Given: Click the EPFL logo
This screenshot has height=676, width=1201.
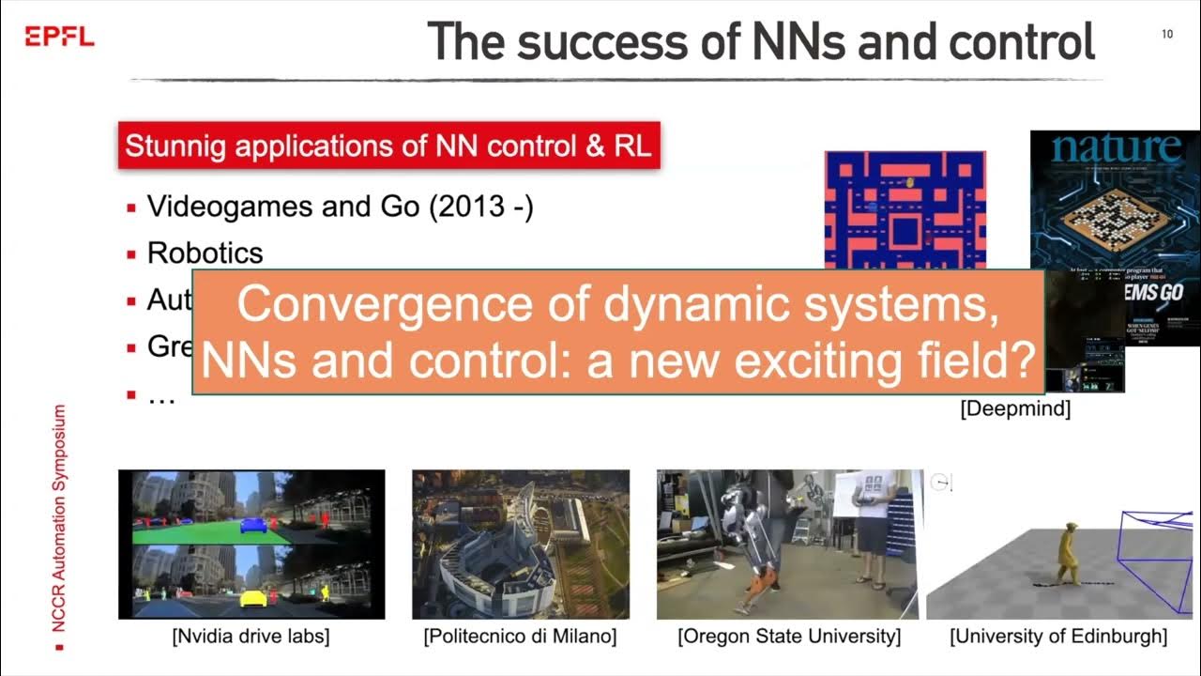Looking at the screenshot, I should pyautogui.click(x=59, y=37).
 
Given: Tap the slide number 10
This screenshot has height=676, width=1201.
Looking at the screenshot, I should pyautogui.click(x=1167, y=35).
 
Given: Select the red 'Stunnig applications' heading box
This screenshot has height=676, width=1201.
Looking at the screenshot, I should pyautogui.click(x=388, y=146).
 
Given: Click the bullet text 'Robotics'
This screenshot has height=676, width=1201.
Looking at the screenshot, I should pyautogui.click(x=205, y=253).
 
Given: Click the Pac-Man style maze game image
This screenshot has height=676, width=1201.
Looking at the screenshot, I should pyautogui.click(x=905, y=208).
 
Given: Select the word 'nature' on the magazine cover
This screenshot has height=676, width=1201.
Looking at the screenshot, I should pyautogui.click(x=1116, y=148).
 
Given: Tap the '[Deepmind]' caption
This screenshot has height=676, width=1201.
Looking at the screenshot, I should pyautogui.click(x=1015, y=409).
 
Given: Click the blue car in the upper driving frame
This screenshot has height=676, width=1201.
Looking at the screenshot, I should pyautogui.click(x=253, y=524).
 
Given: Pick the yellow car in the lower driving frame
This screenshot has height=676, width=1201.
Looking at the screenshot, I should pyautogui.click(x=253, y=597).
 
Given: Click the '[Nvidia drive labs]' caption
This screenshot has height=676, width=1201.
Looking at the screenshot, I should pyautogui.click(x=251, y=637).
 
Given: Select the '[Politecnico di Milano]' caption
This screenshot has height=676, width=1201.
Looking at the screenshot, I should pyautogui.click(x=520, y=637).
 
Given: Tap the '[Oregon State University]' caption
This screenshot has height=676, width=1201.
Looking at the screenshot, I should pyautogui.click(x=788, y=637).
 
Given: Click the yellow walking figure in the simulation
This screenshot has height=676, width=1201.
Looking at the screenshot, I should pyautogui.click(x=1067, y=555).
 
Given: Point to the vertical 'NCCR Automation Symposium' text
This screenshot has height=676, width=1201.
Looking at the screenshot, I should pyautogui.click(x=60, y=521).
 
